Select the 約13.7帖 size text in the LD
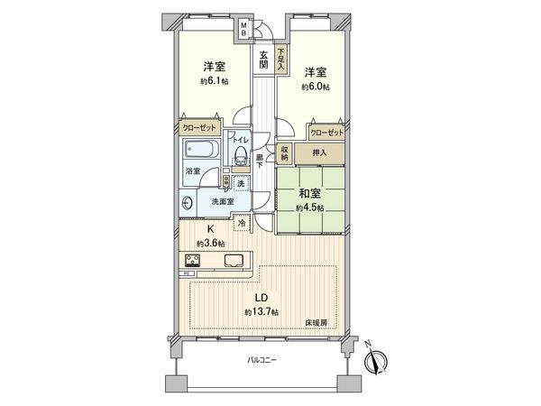261,311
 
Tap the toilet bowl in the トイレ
240,159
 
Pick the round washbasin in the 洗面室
186,204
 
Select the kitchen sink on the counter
232,262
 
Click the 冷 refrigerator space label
242,223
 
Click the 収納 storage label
284,154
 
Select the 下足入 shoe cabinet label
281,59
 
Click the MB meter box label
243,30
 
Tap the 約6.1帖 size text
213,81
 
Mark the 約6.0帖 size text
314,86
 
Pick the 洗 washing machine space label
241,184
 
